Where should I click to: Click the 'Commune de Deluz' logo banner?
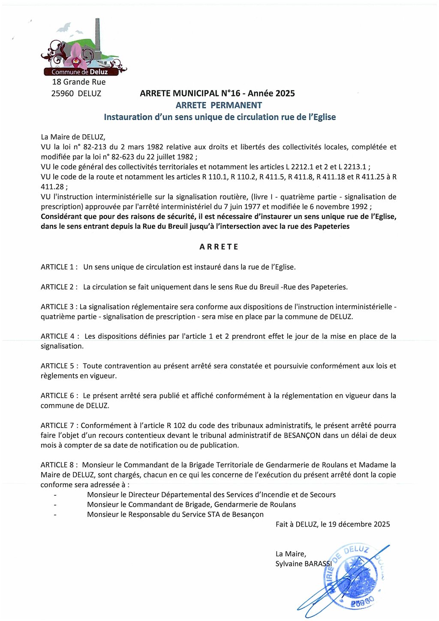[x=80, y=72]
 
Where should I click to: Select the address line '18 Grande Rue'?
[x=79, y=82]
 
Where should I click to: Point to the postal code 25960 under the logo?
[x=63, y=93]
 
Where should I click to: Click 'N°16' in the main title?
[x=231, y=93]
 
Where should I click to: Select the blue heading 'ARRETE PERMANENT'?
[x=219, y=105]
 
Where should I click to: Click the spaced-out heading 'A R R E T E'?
[x=219, y=247]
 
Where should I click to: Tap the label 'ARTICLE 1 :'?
[x=59, y=267]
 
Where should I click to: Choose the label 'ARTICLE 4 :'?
[x=60, y=336]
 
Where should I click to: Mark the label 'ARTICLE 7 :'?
[x=60, y=425]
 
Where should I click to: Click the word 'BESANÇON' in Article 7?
[x=302, y=435]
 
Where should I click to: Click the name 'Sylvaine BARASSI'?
[x=304, y=564]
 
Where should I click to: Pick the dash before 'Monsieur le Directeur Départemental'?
[x=55, y=495]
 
